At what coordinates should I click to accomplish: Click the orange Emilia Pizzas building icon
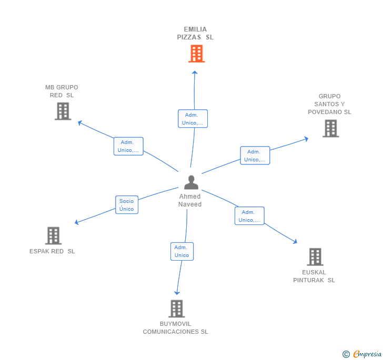[x=196, y=54]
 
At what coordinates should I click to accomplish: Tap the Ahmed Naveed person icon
[x=191, y=182]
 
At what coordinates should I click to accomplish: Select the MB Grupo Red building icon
[x=63, y=111]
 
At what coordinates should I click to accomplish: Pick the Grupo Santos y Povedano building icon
[x=330, y=128]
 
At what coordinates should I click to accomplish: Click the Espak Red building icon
[x=53, y=236]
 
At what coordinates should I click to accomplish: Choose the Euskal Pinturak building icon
[x=315, y=257]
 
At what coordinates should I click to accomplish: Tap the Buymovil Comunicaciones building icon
[x=177, y=308]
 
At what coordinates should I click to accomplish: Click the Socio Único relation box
[x=126, y=205]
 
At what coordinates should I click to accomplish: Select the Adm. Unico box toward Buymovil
[x=182, y=251]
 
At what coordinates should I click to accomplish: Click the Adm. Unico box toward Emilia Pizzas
[x=193, y=119]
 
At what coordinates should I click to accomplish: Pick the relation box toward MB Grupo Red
[x=128, y=146]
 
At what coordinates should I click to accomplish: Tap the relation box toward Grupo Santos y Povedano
[x=255, y=156]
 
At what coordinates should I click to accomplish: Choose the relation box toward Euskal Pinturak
[x=249, y=216]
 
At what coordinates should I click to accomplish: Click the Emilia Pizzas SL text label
[x=195, y=33]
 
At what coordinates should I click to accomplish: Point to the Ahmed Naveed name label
[x=190, y=200]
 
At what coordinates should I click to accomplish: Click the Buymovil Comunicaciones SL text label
[x=176, y=327]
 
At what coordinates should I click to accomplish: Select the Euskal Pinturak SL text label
[x=314, y=276]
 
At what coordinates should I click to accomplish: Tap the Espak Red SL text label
[x=52, y=251]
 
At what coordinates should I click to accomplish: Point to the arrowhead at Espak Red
[x=77, y=222]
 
